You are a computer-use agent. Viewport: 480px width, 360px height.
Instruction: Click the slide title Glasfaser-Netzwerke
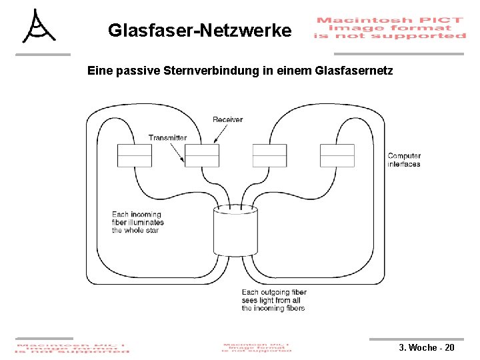199,30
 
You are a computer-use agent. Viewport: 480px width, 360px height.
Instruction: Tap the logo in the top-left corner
39,27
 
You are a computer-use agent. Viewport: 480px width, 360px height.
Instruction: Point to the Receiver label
227,119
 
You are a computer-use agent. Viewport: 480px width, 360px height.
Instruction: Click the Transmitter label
167,137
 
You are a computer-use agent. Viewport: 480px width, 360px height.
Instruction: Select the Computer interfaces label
404,160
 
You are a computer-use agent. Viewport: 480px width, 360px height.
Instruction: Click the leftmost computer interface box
135,155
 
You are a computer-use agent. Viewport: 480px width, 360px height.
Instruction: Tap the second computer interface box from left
202,155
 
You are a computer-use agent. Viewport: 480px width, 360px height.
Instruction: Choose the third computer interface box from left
269,155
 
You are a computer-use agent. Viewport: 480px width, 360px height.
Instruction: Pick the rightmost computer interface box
337,155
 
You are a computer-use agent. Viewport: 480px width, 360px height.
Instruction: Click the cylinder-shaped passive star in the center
235,231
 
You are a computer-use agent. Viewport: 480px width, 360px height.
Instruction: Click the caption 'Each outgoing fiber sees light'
273,300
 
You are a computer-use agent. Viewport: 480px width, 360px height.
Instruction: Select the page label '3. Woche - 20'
427,348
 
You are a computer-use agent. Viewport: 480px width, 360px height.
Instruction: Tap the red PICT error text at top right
389,28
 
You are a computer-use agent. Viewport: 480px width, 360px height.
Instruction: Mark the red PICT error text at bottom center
257,347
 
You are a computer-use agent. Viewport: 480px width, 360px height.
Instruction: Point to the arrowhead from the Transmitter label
183,162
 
